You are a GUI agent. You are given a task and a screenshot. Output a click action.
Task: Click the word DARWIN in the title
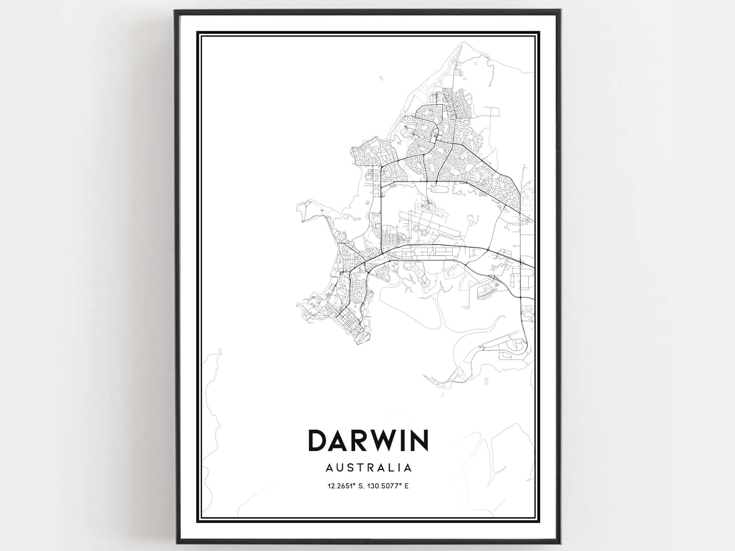pos(368,440)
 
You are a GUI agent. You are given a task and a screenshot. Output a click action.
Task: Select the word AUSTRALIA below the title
pos(368,467)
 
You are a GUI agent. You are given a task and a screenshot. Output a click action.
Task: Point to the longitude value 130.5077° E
pos(389,486)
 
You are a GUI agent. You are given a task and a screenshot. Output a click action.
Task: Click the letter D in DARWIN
pos(318,440)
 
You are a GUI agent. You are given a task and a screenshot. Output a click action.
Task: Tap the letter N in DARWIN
pos(418,440)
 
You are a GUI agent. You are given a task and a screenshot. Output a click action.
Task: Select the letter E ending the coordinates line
pos(407,486)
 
